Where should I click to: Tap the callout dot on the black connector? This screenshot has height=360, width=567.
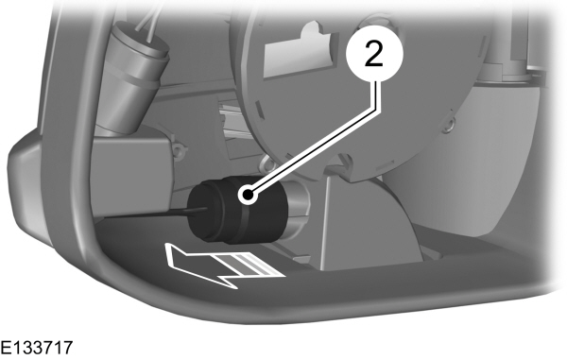[x=249, y=196]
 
